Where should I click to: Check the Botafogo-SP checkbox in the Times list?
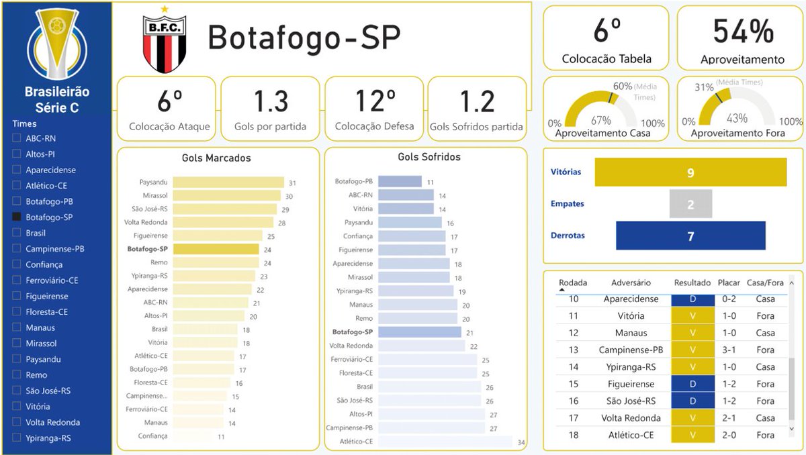(17, 217)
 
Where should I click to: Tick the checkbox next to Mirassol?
(17, 343)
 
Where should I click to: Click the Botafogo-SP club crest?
(165, 40)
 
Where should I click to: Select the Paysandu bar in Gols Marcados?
(228, 183)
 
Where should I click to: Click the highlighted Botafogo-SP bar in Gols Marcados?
(216, 249)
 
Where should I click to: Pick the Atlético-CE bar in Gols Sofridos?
(445, 442)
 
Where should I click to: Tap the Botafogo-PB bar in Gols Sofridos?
(400, 181)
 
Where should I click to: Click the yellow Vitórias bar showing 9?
(690, 172)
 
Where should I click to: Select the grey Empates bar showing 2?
(690, 204)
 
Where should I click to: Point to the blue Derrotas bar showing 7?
(690, 236)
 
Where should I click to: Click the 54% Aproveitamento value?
(743, 32)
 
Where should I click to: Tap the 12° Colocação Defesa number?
(375, 101)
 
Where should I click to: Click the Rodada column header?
(573, 283)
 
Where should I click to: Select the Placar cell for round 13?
(729, 350)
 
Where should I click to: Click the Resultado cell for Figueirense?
(692, 384)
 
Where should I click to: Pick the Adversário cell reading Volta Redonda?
(631, 418)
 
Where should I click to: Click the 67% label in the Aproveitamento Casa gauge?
(601, 120)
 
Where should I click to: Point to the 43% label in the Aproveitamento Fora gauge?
(737, 118)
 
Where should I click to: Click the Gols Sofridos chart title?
(429, 156)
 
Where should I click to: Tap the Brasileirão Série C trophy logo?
(57, 43)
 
